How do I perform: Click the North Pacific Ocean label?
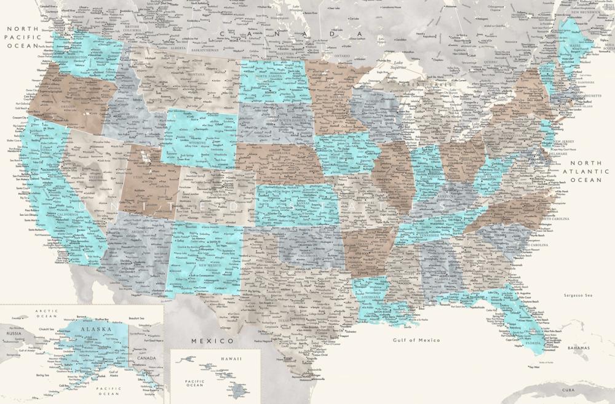[23, 37]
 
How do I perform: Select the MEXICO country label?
[212, 340]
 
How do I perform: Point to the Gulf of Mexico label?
[416, 340]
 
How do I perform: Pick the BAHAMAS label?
[577, 348]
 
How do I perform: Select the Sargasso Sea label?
[577, 296]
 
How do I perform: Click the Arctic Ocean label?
[46, 314]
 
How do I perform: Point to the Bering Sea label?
[42, 374]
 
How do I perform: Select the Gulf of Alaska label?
[113, 373]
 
